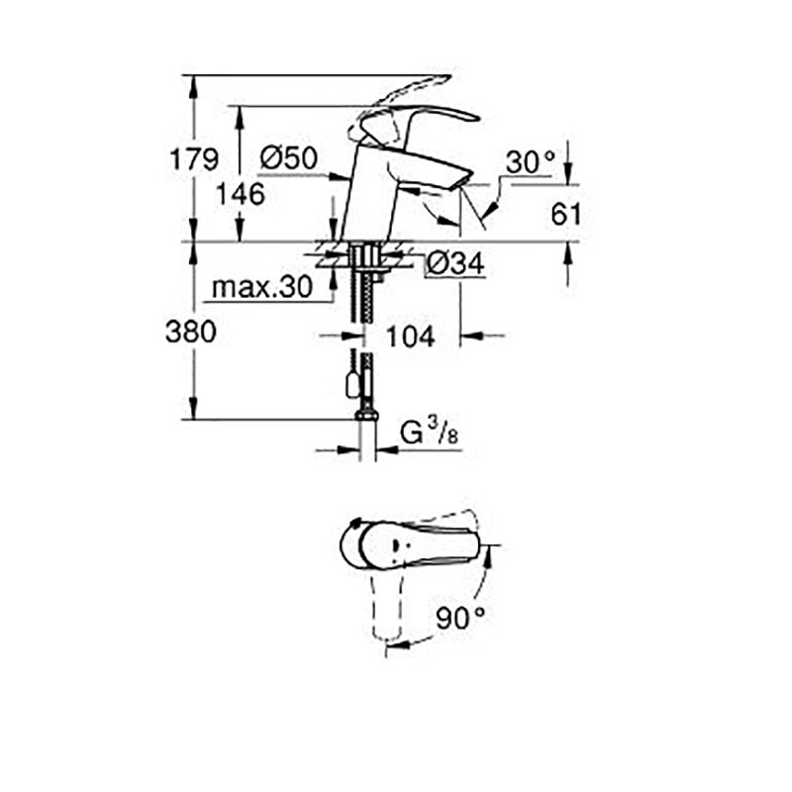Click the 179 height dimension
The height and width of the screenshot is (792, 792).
(x=194, y=159)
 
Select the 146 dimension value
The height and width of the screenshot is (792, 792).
(x=241, y=194)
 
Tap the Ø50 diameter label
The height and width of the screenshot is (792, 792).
(x=289, y=157)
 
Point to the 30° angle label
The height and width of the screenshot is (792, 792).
(x=530, y=162)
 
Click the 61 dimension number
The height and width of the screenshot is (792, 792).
(x=565, y=214)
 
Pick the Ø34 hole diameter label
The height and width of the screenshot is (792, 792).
(x=455, y=263)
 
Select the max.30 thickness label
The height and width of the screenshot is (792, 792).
(x=262, y=287)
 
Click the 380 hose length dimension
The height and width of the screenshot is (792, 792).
(x=191, y=332)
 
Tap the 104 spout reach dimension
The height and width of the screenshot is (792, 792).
(x=410, y=337)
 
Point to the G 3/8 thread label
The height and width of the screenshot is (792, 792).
(x=429, y=433)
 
